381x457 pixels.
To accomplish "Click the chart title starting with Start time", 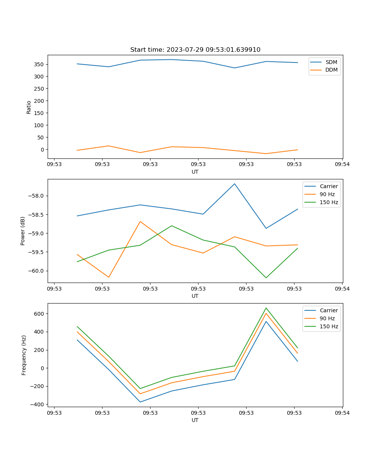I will point(195,50).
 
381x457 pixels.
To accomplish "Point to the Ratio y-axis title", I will point(29,107).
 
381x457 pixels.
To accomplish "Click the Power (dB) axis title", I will point(23,231).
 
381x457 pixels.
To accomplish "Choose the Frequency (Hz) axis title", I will point(24,355).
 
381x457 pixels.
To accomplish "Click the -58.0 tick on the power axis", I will point(36,196).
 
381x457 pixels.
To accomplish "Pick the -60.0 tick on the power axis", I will point(36,271).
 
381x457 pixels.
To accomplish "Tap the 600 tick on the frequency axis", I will point(39,314).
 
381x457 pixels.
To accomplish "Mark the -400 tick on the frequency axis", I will point(38,404).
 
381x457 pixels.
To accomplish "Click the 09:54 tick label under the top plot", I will point(342,165).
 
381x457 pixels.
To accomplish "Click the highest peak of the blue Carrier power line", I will point(235,184).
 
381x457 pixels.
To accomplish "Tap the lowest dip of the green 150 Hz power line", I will point(266,278).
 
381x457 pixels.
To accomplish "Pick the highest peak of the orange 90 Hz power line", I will point(140,221).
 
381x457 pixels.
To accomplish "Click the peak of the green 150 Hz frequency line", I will point(266,308).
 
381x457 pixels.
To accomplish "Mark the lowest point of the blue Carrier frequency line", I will point(140,402).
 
